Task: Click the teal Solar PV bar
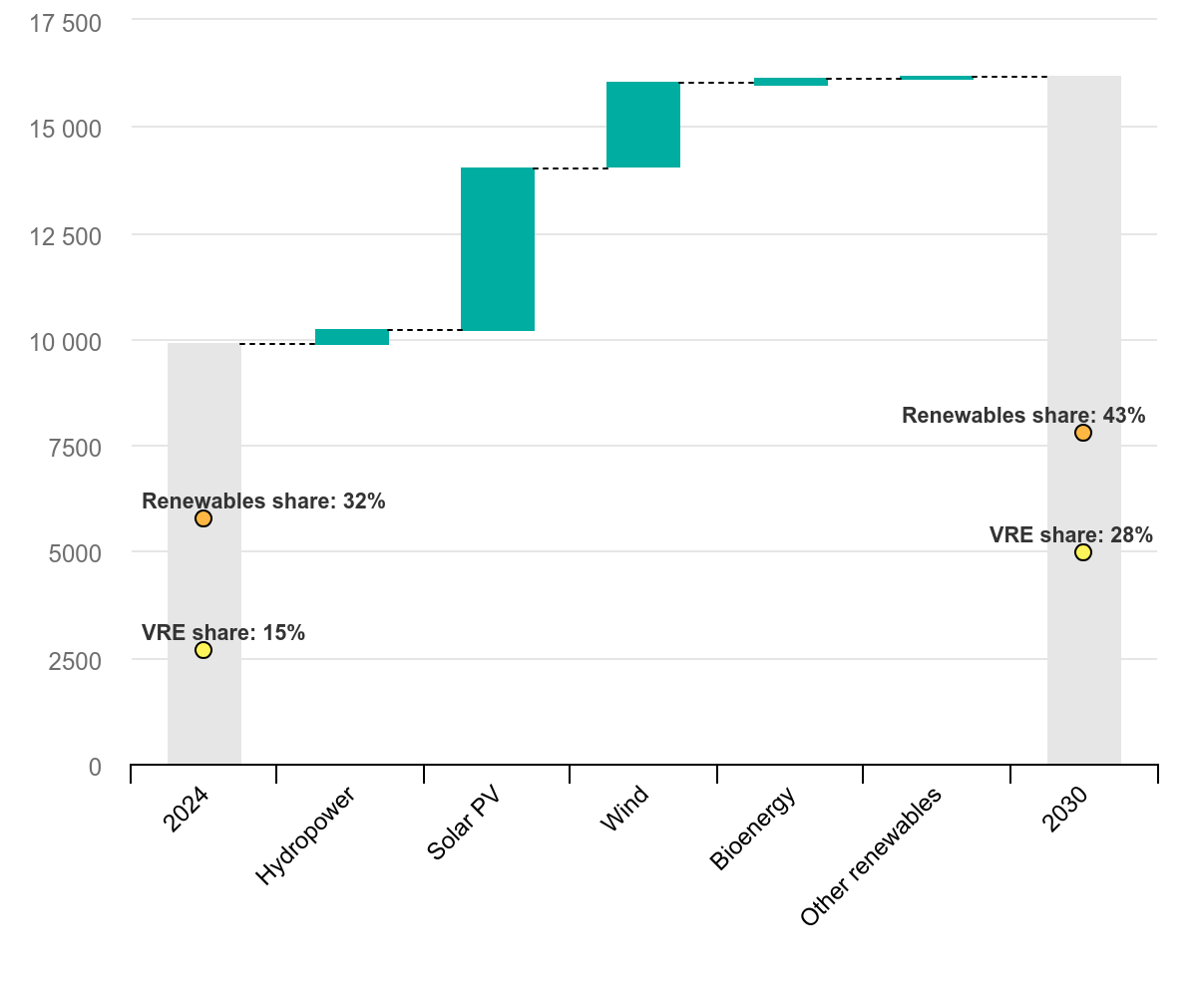coord(498,249)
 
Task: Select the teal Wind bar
coord(643,125)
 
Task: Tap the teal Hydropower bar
coord(352,337)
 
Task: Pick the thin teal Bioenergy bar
coord(791,82)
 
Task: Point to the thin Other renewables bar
coord(937,77)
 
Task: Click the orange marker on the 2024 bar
coord(203,518)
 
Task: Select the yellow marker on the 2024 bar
coord(203,650)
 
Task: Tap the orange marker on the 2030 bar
coord(1083,433)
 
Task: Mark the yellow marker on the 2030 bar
coord(1083,552)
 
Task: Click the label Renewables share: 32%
coord(263,501)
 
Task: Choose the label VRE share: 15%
coord(223,633)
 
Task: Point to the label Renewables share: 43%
coord(1023,416)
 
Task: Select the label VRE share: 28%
coord(1071,535)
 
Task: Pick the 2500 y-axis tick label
coord(75,660)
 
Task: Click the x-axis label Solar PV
coord(463,826)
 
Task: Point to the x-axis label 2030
coord(1063,811)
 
